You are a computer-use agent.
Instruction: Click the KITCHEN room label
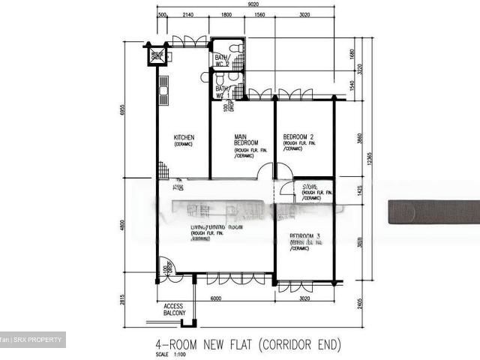[x=184, y=137]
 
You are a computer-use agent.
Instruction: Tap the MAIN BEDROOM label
[x=246, y=139]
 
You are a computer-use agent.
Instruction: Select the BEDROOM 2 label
[x=298, y=136]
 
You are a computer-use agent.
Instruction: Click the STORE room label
[x=310, y=186]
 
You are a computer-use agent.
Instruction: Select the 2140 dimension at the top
[x=188, y=14]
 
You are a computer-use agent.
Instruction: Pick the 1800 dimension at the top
[x=225, y=14]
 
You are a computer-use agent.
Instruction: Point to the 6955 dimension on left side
[x=122, y=109]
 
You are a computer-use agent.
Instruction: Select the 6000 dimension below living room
[x=216, y=298]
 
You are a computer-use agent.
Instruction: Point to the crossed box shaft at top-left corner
[x=157, y=56]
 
